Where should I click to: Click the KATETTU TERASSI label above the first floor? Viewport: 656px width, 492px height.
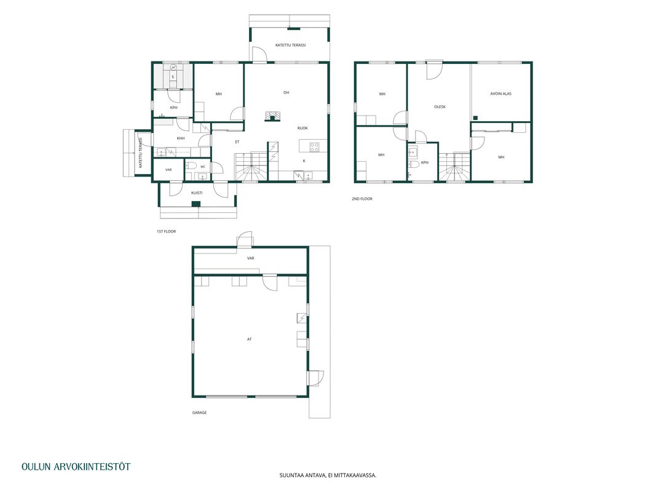click(x=290, y=45)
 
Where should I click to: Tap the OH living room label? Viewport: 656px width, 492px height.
click(x=286, y=92)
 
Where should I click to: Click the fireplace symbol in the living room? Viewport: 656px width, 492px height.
click(x=272, y=116)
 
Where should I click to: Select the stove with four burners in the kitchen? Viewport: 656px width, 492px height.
click(x=315, y=147)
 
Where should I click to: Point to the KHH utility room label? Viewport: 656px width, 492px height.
click(x=181, y=138)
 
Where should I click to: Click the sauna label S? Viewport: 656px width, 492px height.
click(x=173, y=77)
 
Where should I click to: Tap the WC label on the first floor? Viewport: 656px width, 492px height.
click(x=203, y=167)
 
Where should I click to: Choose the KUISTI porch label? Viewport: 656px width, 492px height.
click(x=197, y=193)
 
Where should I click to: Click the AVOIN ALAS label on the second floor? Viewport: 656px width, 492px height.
click(x=501, y=93)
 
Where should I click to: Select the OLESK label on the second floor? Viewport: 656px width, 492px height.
click(x=440, y=107)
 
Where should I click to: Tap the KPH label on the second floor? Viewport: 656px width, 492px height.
click(x=425, y=163)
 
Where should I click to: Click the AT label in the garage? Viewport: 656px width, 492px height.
click(x=250, y=339)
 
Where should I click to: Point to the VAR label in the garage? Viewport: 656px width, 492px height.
click(x=251, y=258)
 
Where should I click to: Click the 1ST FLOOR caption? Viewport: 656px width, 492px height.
click(x=166, y=231)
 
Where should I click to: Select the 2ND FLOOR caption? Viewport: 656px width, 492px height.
click(x=362, y=199)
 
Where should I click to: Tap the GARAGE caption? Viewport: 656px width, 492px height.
click(x=200, y=413)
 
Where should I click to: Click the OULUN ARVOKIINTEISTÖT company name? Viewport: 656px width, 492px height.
click(x=76, y=467)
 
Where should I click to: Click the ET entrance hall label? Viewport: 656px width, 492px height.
click(x=237, y=142)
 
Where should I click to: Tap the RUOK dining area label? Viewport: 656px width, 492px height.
click(x=302, y=128)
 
